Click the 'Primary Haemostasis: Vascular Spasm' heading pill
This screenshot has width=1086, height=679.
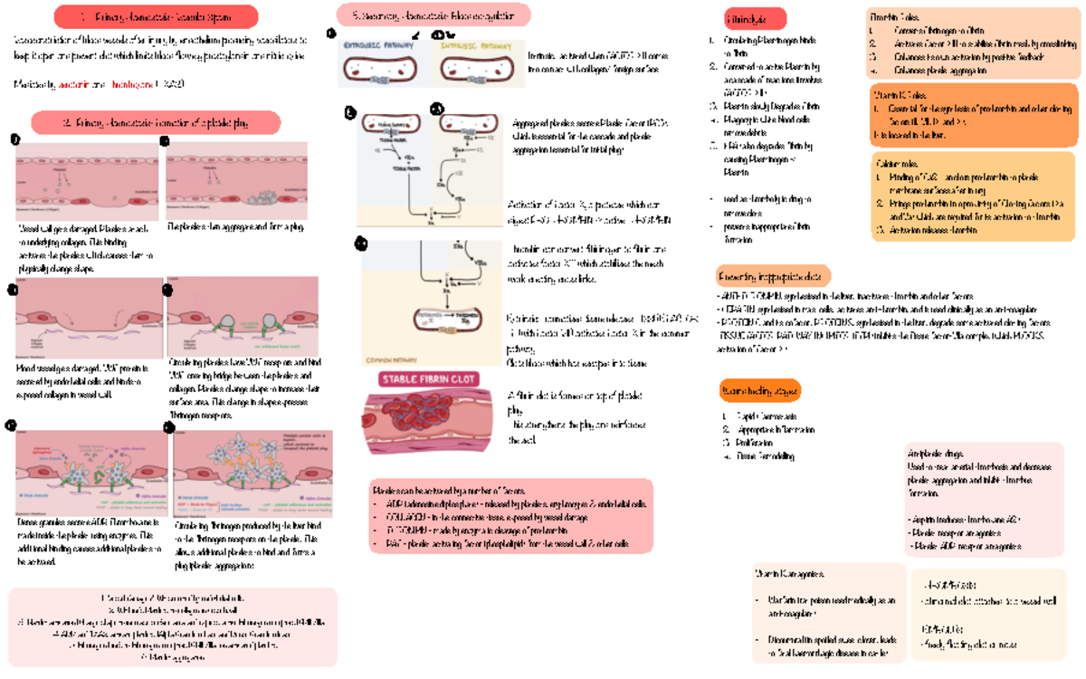tap(156, 16)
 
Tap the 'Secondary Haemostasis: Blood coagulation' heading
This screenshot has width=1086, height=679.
tap(433, 15)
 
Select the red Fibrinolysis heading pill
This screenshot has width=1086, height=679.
tap(755, 18)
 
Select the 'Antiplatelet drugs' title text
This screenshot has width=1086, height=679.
tap(932, 454)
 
